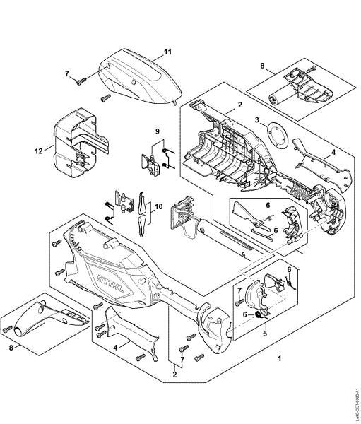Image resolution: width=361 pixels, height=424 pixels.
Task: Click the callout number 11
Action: [168, 52]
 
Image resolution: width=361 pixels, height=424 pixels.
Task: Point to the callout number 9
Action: [158, 131]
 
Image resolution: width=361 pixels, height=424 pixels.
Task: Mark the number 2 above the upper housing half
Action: [240, 105]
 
